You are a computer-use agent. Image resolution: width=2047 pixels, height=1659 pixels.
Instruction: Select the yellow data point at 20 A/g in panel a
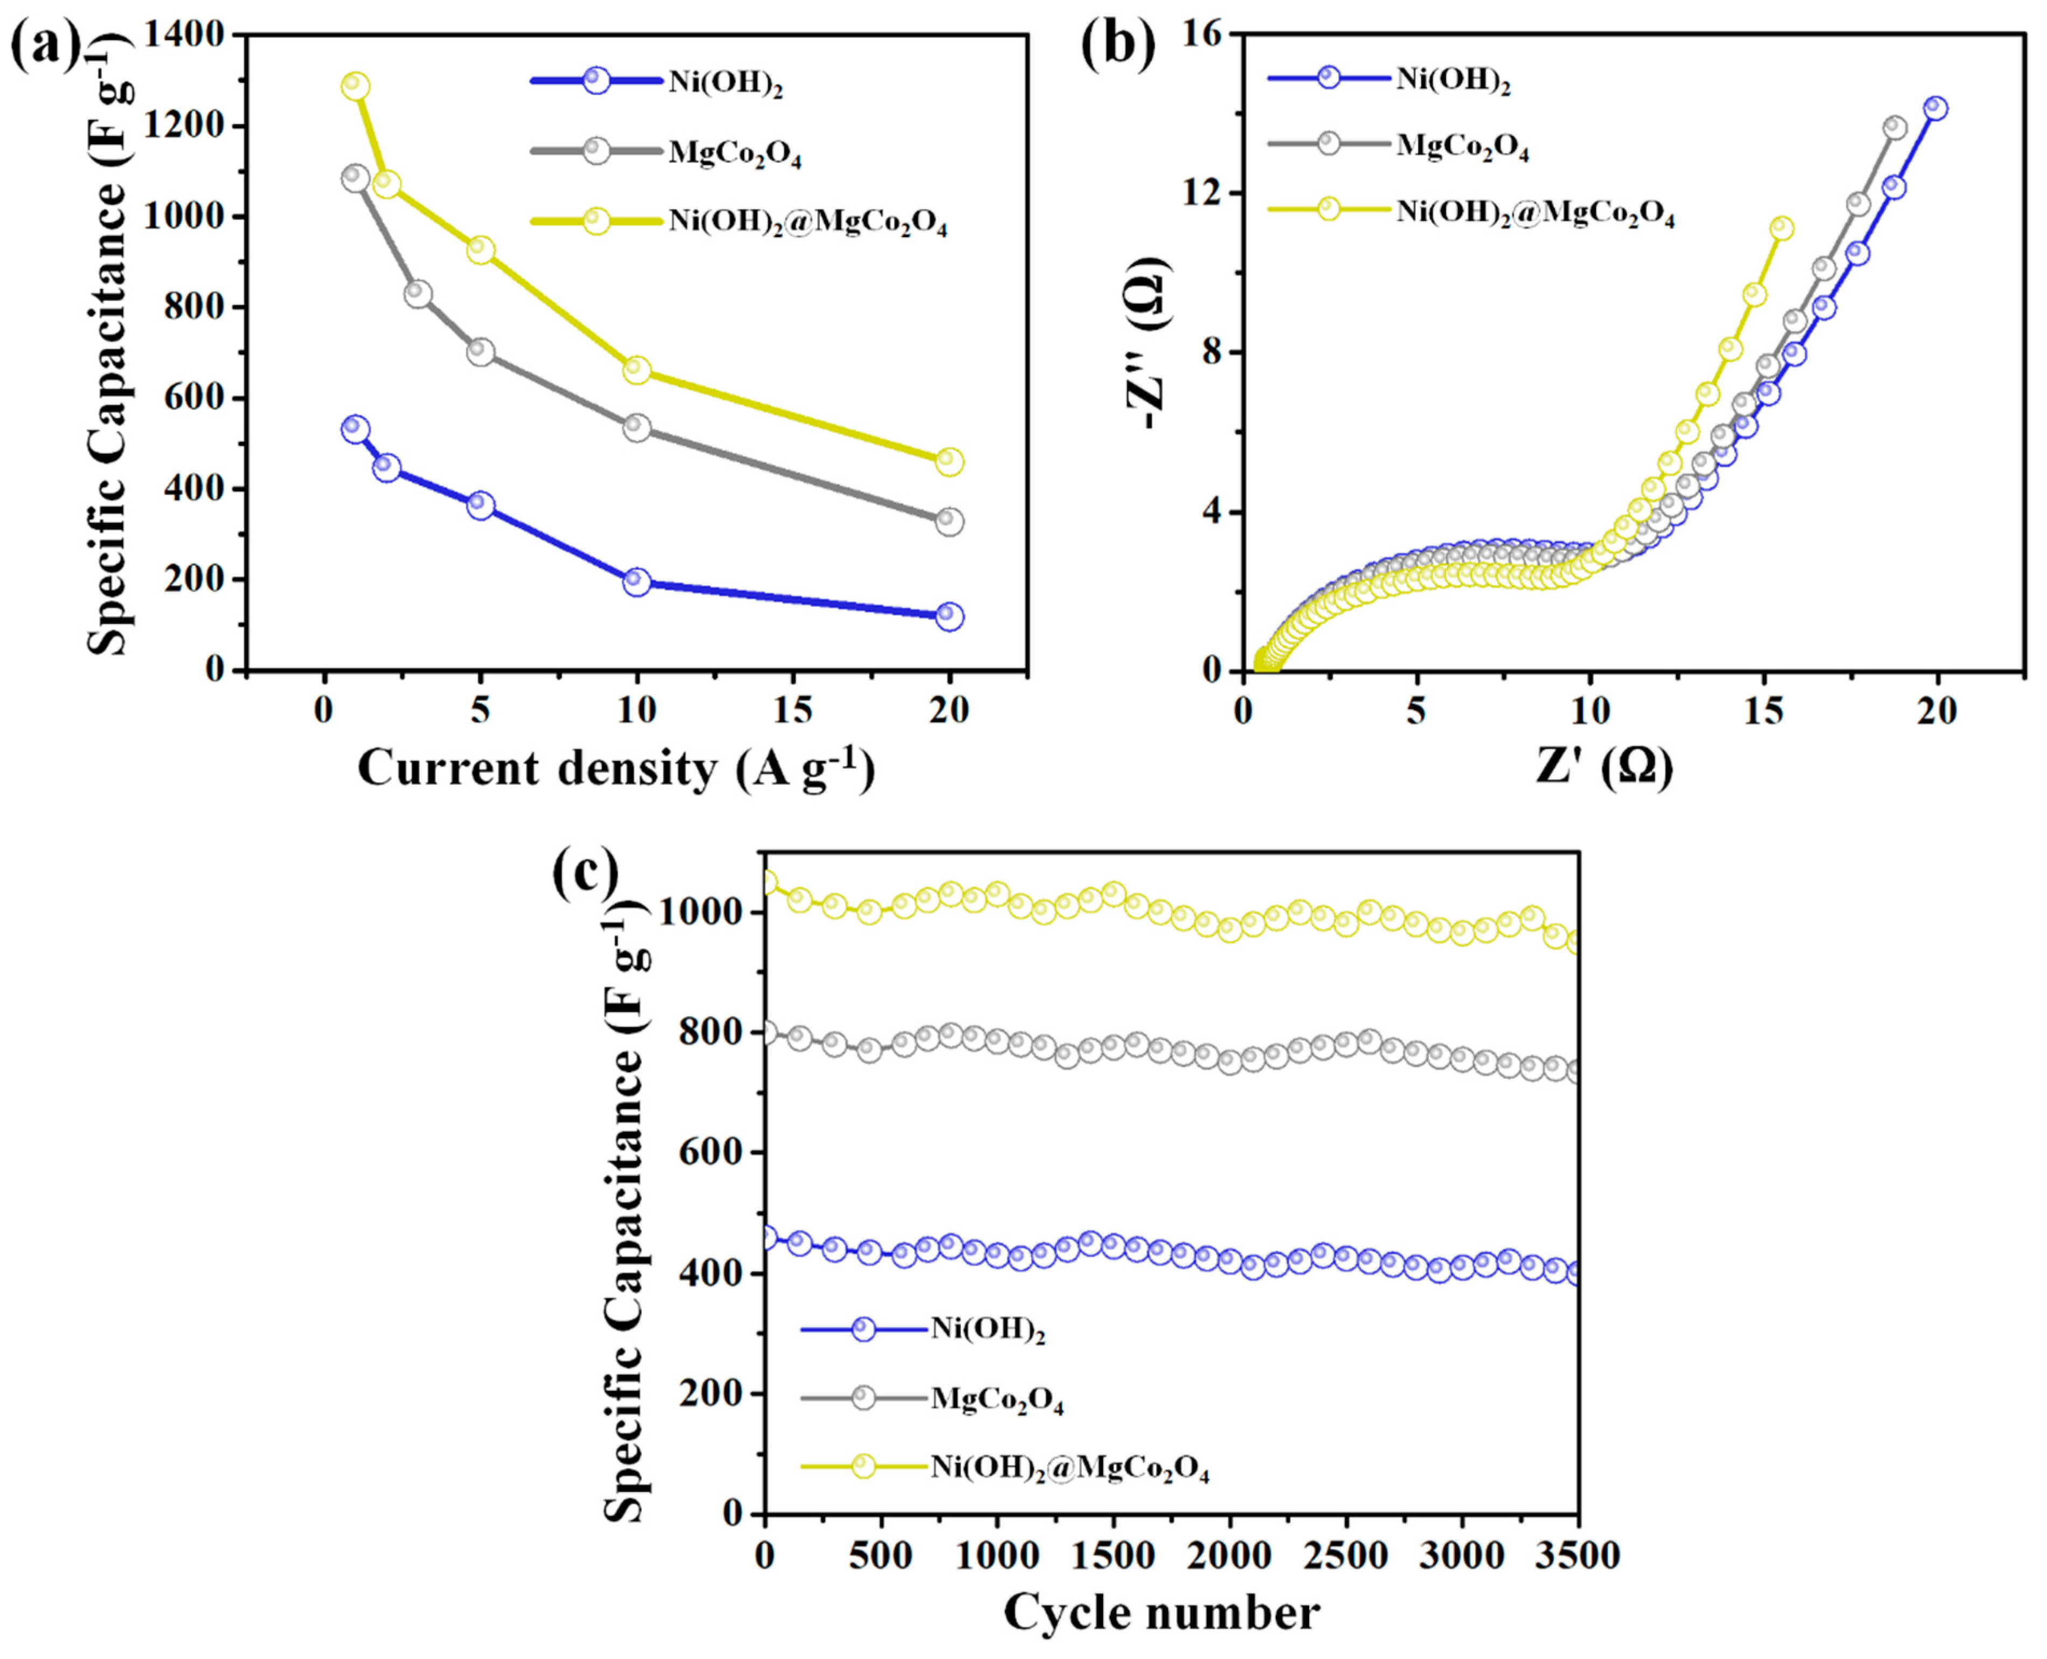[949, 462]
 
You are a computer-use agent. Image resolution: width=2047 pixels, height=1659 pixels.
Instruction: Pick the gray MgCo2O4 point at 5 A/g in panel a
[481, 352]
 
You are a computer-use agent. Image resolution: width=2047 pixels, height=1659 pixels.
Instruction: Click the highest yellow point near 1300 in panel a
[356, 86]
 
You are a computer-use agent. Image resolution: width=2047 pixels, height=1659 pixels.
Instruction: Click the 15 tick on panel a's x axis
[793, 711]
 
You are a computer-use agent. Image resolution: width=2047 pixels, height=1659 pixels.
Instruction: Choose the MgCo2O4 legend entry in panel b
[1462, 145]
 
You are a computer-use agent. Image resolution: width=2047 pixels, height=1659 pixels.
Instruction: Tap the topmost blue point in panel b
[1936, 108]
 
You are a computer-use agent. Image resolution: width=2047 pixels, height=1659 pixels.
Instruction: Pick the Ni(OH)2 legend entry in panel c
[987, 1329]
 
